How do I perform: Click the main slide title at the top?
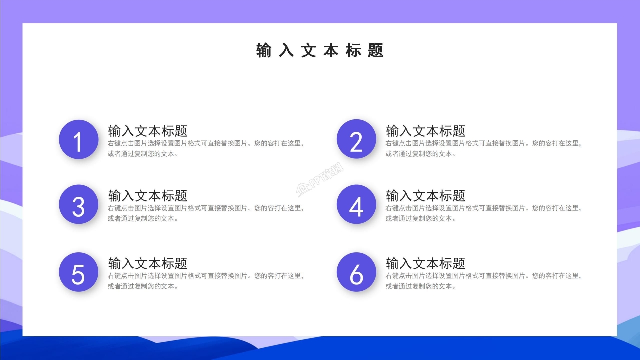[x=320, y=50]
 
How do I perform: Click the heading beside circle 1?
[x=148, y=131]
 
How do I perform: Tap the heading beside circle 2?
[x=426, y=131]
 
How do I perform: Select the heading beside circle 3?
[x=148, y=195]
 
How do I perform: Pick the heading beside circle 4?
[x=426, y=195]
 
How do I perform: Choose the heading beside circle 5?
[x=148, y=263]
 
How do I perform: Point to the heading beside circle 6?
[x=426, y=263]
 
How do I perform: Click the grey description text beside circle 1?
[x=205, y=148]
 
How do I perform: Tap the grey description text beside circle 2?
[x=483, y=148]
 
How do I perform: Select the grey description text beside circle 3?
[x=205, y=213]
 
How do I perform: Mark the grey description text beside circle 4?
[x=483, y=213]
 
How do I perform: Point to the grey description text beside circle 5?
[x=205, y=281]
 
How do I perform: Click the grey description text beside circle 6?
[x=483, y=281]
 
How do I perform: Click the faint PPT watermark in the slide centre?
[x=320, y=180]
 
